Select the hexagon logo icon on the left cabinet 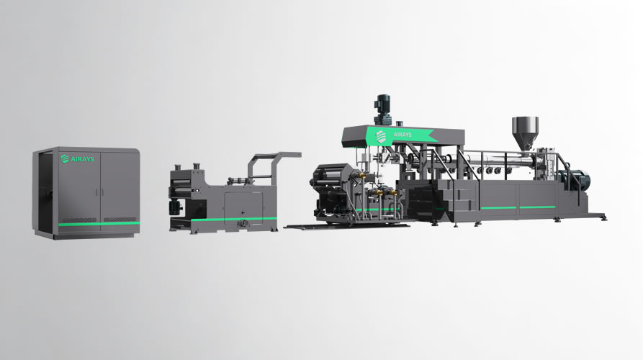coord(65,159)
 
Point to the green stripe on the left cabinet coord(99,224)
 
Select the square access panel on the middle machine coord(238,202)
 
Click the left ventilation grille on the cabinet coord(84,220)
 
